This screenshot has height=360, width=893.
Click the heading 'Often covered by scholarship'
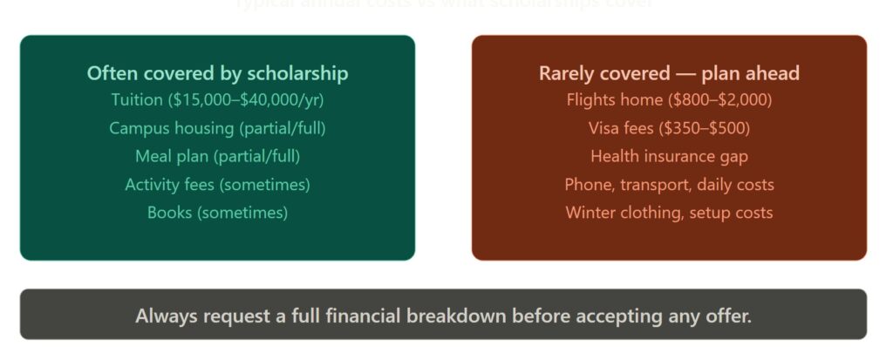pyautogui.click(x=217, y=73)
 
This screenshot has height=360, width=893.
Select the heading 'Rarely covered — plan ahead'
pyautogui.click(x=669, y=73)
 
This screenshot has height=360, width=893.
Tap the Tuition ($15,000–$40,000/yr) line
pyautogui.click(x=217, y=99)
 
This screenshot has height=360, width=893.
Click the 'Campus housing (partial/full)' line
pyautogui.click(x=217, y=128)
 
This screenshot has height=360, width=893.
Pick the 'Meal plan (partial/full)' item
pyautogui.click(x=217, y=157)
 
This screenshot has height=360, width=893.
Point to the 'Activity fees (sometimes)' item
pyautogui.click(x=217, y=185)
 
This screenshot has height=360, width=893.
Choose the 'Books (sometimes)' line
pyautogui.click(x=217, y=213)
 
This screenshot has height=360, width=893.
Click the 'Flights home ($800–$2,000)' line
pyautogui.click(x=669, y=99)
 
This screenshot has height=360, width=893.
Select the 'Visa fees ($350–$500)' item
pyautogui.click(x=669, y=128)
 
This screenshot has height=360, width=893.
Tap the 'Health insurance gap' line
pyautogui.click(x=669, y=157)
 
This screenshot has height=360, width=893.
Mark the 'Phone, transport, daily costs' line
pyautogui.click(x=669, y=185)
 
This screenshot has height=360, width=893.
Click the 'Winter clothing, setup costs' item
pyautogui.click(x=669, y=213)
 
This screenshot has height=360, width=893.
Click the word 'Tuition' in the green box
pyautogui.click(x=137, y=99)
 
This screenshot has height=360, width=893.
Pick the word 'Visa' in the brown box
pyautogui.click(x=604, y=128)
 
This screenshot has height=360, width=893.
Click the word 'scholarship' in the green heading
pyautogui.click(x=297, y=73)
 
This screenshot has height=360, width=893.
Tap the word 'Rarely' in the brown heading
pyautogui.click(x=566, y=73)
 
